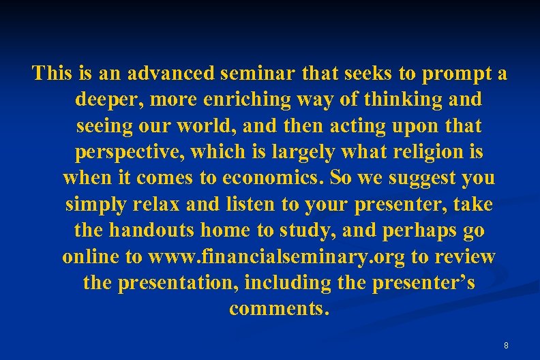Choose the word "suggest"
pos(412,179)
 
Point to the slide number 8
pos(506,346)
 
